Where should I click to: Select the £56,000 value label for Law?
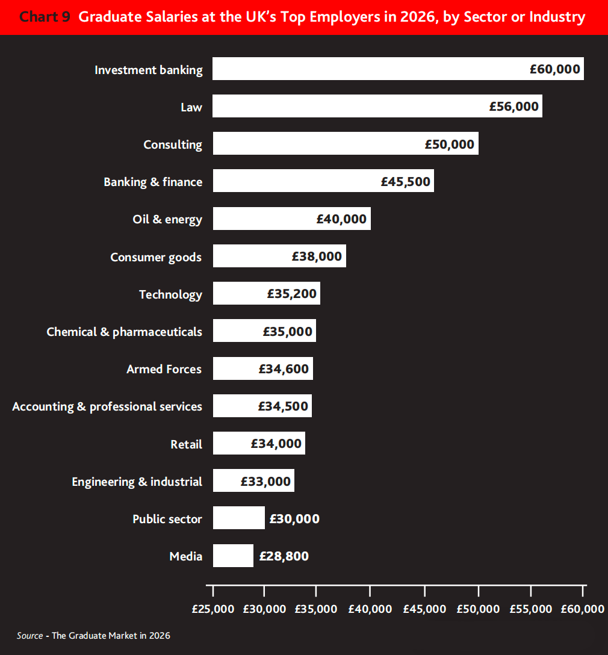click(x=513, y=107)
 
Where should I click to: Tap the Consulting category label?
click(x=173, y=144)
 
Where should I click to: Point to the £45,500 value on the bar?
click(x=406, y=182)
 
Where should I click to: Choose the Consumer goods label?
click(x=156, y=257)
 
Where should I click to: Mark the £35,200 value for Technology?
click(x=292, y=294)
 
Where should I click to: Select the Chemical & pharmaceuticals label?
click(x=125, y=332)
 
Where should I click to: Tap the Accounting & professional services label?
click(x=107, y=406)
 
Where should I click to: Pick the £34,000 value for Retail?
click(x=276, y=444)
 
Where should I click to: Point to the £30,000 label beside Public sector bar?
click(x=294, y=519)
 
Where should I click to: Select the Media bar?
click(x=233, y=556)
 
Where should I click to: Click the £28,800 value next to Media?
click(x=284, y=556)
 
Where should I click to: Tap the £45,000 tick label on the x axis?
click(x=424, y=609)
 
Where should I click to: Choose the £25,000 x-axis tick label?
click(x=213, y=609)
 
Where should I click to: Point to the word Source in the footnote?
click(x=29, y=636)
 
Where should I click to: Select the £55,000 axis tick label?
click(x=530, y=609)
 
